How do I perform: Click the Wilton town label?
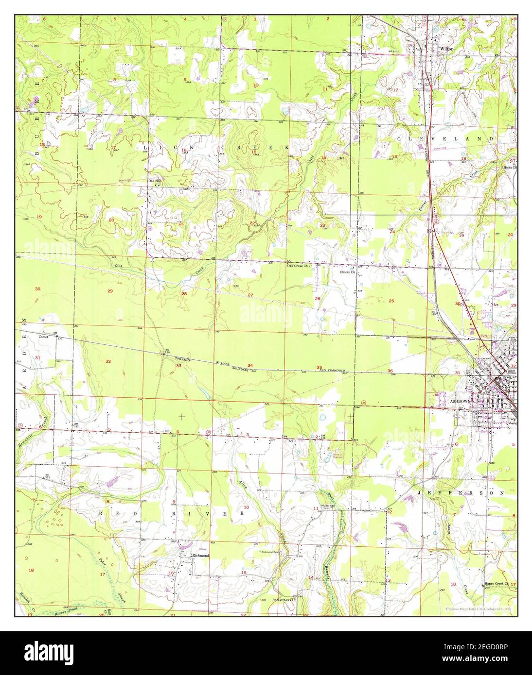[446, 49]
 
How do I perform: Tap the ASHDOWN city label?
[460, 403]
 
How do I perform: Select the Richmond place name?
[200, 555]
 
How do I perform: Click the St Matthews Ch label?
[284, 600]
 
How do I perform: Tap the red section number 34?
[250, 365]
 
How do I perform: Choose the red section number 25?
[391, 301]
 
